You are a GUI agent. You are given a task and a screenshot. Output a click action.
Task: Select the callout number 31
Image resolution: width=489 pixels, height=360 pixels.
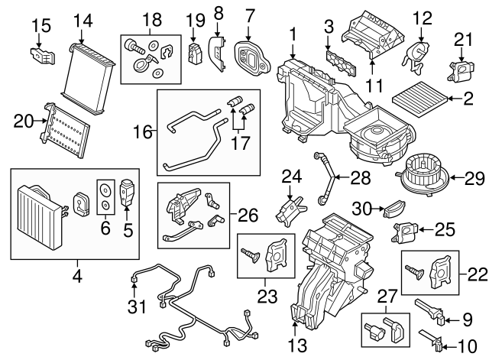pos(134,308)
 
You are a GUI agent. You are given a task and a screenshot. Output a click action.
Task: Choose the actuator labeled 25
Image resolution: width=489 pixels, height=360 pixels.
pos(405,229)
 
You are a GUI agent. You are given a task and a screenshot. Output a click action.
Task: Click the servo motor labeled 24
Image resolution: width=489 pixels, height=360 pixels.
pos(289,207)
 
